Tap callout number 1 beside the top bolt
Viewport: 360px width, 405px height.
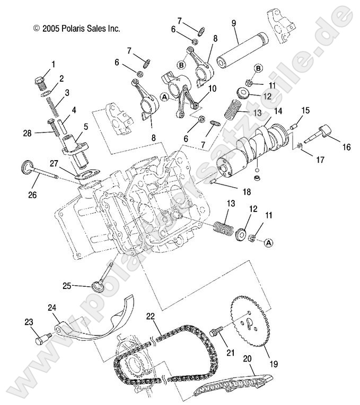52,65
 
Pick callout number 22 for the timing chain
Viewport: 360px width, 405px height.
151,316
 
